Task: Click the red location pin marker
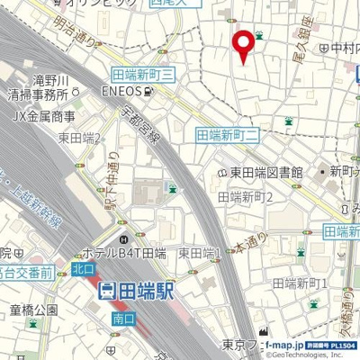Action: (x=242, y=44)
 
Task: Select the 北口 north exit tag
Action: (x=84, y=267)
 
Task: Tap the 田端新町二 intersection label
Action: (x=227, y=134)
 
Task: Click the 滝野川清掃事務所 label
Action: (x=37, y=86)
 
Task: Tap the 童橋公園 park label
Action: (x=33, y=310)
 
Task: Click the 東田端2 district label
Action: (x=82, y=138)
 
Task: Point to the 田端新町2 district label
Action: (x=246, y=196)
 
